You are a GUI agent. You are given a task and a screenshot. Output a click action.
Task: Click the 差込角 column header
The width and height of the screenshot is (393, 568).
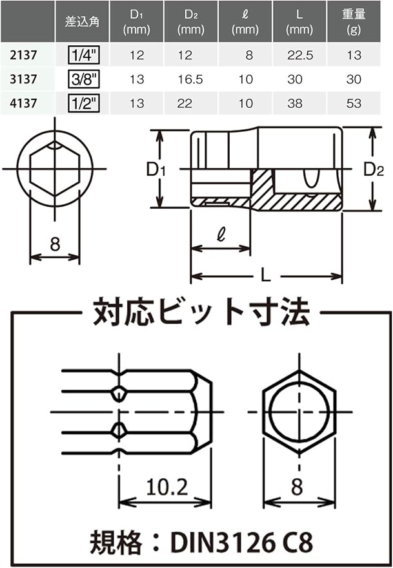coord(82,22)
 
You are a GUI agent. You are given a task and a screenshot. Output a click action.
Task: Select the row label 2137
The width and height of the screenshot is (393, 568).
coord(23,56)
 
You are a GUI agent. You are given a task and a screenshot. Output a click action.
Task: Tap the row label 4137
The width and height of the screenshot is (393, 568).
coord(23,103)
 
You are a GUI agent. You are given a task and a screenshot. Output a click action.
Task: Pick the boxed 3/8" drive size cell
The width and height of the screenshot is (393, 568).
coord(84,79)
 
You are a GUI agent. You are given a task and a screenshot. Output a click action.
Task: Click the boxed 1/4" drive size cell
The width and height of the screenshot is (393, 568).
coord(84,56)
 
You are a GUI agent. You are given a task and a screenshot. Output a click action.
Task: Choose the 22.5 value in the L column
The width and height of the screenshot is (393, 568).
coord(299,56)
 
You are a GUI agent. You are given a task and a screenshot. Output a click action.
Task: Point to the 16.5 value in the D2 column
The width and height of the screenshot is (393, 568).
coord(190,79)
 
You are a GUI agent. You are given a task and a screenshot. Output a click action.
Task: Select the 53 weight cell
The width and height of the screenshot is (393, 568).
coord(354,103)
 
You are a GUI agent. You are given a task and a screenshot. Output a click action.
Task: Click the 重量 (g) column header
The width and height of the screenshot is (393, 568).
coord(354,22)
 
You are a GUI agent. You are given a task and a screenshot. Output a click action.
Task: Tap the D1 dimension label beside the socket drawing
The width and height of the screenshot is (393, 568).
coord(156,169)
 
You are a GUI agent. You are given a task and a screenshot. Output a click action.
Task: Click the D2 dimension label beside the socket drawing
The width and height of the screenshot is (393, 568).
coord(374,169)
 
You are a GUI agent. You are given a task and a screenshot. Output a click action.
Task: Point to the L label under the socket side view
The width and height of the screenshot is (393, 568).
coord(266,277)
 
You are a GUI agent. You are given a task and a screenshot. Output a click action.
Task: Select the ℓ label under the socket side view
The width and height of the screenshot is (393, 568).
coord(221,234)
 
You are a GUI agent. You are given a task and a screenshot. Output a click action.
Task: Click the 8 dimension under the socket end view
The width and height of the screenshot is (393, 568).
coord(55,244)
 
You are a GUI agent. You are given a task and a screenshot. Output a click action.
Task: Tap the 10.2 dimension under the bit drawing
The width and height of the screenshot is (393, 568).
coord(167,487)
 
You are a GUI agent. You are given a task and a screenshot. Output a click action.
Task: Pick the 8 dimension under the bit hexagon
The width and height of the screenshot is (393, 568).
coord(297,487)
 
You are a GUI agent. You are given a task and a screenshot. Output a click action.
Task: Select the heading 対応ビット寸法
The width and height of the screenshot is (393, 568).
coord(201,311)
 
